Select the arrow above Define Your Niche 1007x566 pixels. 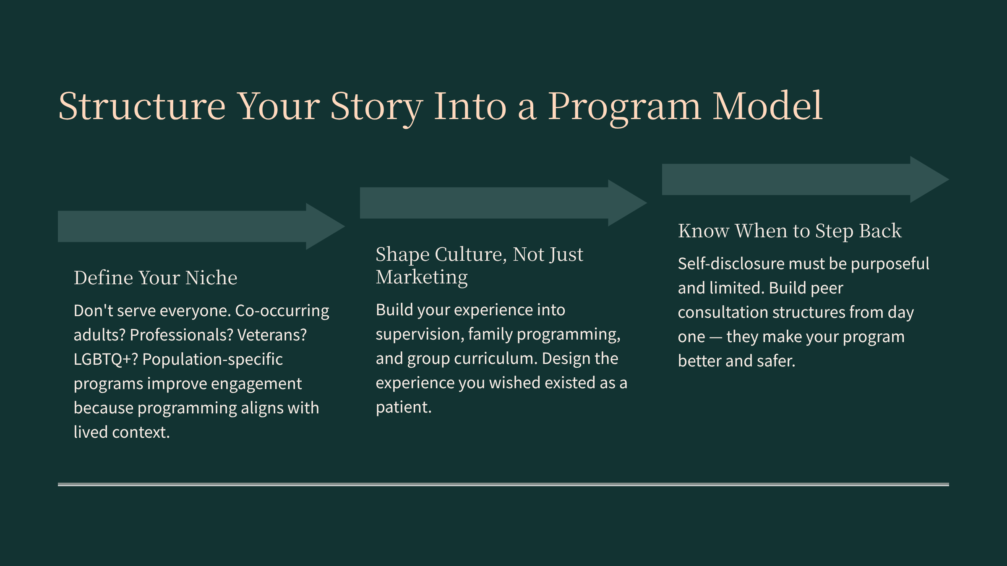(201, 226)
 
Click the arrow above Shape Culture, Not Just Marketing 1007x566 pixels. (503, 203)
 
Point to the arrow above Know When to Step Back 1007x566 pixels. (806, 179)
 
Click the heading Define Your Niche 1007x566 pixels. (156, 278)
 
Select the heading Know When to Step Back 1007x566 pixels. (790, 231)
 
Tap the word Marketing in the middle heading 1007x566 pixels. (422, 277)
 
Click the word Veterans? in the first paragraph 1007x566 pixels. (272, 335)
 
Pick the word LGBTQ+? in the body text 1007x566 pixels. (106, 359)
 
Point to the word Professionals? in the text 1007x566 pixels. (181, 335)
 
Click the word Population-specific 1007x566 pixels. (213, 359)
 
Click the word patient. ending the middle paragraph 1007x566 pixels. (404, 407)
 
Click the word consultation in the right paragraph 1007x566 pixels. (723, 312)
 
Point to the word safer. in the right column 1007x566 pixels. (776, 361)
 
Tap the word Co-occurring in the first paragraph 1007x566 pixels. (282, 311)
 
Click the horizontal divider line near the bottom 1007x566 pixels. (503, 484)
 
